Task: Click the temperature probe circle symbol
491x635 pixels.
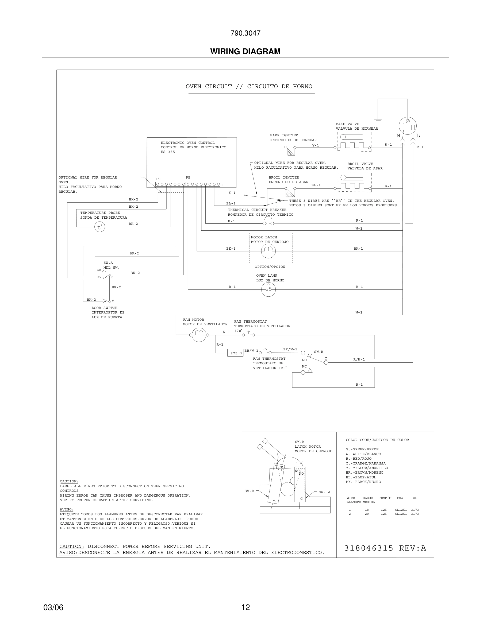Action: tap(99, 227)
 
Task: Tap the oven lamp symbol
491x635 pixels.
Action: tap(268, 289)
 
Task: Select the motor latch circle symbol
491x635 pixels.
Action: tap(268, 251)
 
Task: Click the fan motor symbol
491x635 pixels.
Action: tap(199, 335)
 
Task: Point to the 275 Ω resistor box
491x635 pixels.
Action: tap(235, 353)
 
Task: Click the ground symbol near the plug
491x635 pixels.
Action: tap(378, 120)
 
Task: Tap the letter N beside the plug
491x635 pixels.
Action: tap(398, 136)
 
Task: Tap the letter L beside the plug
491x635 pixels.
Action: tap(418, 136)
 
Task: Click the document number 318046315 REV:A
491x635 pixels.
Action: tap(385, 548)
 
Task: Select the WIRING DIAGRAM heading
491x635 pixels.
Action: tap(245, 52)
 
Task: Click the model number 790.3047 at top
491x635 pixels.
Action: tap(245, 33)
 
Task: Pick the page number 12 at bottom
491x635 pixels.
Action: tap(245, 607)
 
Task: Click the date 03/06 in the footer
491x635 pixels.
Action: tap(53, 607)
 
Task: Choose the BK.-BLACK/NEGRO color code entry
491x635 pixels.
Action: tap(363, 482)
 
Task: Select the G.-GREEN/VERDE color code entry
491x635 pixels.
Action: tap(362, 449)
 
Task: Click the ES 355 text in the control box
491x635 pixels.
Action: tap(168, 152)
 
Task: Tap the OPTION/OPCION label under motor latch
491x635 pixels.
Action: tap(270, 267)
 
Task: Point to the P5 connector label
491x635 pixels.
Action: tap(188, 178)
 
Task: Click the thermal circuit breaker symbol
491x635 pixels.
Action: tap(268, 222)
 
